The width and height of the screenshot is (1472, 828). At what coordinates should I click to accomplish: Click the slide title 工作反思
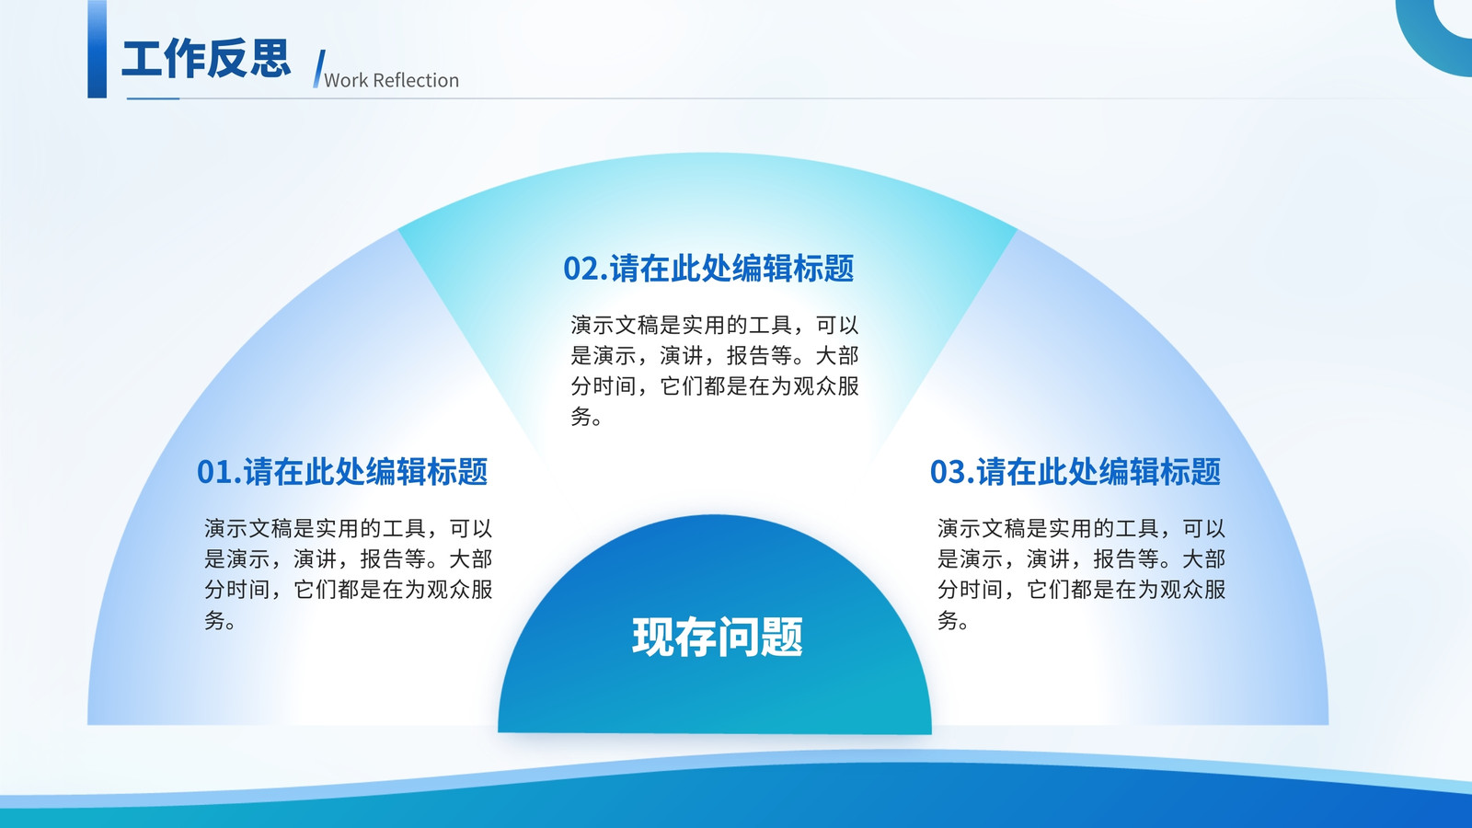[x=206, y=59]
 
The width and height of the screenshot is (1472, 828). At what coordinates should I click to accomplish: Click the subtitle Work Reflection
[x=392, y=80]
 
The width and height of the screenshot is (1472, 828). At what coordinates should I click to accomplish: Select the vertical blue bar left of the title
[x=98, y=50]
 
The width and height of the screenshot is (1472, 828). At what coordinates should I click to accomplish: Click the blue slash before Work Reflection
[x=318, y=68]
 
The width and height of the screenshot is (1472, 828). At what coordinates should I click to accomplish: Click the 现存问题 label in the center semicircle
[x=717, y=636]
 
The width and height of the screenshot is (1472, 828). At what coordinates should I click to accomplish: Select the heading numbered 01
[x=342, y=471]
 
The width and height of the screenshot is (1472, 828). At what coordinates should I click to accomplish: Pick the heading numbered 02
[x=708, y=268]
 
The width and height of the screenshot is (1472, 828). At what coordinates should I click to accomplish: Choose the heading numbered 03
[x=1075, y=471]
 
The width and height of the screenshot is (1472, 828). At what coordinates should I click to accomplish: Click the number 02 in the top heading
[x=581, y=269]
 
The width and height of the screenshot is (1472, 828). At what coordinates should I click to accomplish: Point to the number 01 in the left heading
[x=214, y=472]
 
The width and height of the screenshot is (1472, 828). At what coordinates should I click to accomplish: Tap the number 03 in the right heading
[x=948, y=472]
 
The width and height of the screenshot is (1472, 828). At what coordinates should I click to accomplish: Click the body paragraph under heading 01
[x=349, y=574]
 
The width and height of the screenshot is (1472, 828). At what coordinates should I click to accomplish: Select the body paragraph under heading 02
[x=715, y=371]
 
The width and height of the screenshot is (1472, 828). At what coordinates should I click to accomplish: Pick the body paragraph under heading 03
[x=1082, y=574]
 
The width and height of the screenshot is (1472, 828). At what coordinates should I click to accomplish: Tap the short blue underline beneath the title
[x=153, y=98]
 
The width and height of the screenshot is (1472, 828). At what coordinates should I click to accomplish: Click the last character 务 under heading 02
[x=581, y=415]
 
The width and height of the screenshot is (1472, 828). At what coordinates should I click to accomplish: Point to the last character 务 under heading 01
[x=214, y=619]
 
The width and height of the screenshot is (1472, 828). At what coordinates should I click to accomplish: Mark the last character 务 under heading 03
[x=948, y=619]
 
